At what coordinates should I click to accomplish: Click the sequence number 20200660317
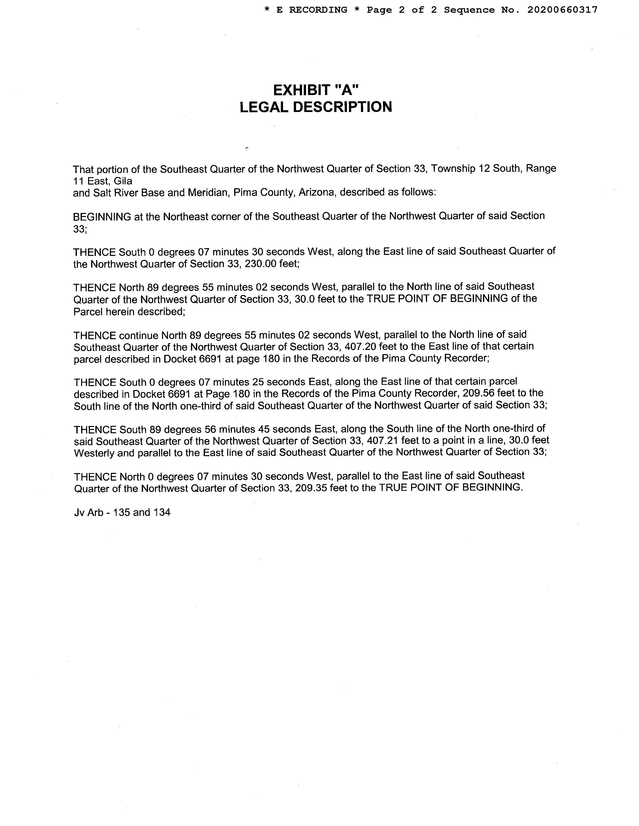point(562,10)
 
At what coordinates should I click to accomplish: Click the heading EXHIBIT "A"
point(316,90)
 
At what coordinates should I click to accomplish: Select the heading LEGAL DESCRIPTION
point(316,107)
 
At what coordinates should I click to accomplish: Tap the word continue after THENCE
point(139,335)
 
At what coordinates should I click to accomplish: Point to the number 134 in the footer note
point(162,513)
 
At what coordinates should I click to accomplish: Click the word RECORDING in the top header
point(318,10)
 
